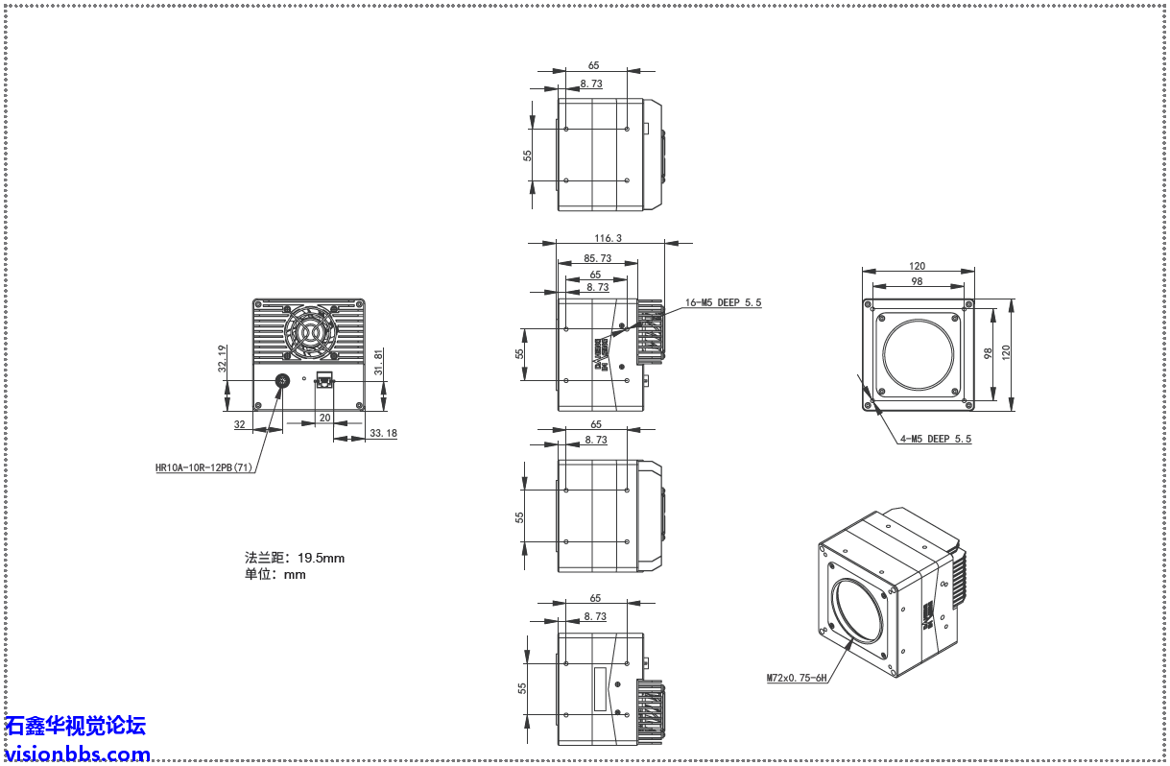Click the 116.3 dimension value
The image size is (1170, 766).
[x=608, y=237]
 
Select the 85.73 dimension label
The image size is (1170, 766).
[x=597, y=258]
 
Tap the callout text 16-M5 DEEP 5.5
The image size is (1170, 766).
[x=723, y=302]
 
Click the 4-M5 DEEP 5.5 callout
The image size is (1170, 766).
[x=935, y=439]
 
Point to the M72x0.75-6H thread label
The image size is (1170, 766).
[x=797, y=678]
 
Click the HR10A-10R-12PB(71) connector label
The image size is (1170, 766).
[x=204, y=468]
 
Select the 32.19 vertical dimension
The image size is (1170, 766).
[x=222, y=359]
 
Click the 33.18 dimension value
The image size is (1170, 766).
[x=382, y=434]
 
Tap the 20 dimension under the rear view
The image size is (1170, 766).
[x=324, y=418]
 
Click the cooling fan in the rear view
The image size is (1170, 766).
[x=309, y=332]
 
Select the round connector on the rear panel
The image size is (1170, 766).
[x=283, y=381]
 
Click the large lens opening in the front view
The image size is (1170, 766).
[x=919, y=351]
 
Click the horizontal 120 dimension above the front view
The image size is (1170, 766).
[x=918, y=267]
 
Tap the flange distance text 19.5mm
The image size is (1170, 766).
[x=321, y=557]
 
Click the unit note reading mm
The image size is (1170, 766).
[x=295, y=574]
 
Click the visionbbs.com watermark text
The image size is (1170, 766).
[x=77, y=754]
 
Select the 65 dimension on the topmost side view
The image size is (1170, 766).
[x=593, y=65]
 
